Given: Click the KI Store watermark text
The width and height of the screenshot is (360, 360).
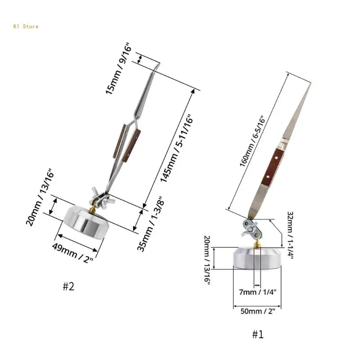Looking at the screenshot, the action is coord(26,27).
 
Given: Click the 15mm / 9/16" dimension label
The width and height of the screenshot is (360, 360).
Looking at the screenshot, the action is coord(119,68).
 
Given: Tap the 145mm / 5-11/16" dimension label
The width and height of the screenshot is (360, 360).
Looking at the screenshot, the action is coord(177,148).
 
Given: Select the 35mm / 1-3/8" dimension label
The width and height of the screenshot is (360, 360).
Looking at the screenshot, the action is coord(151,224).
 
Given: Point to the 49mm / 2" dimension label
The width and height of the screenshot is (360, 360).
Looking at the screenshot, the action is coord(73,253).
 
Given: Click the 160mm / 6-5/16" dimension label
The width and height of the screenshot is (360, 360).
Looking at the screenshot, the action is coord(252,141).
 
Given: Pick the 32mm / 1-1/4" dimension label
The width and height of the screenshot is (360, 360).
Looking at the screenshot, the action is coord(290,235).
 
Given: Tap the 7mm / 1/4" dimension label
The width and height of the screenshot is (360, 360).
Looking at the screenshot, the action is coord(257,292).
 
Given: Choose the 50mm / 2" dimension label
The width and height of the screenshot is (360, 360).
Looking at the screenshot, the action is coord(257,311).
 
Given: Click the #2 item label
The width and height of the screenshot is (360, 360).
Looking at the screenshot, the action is coord(68,286).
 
